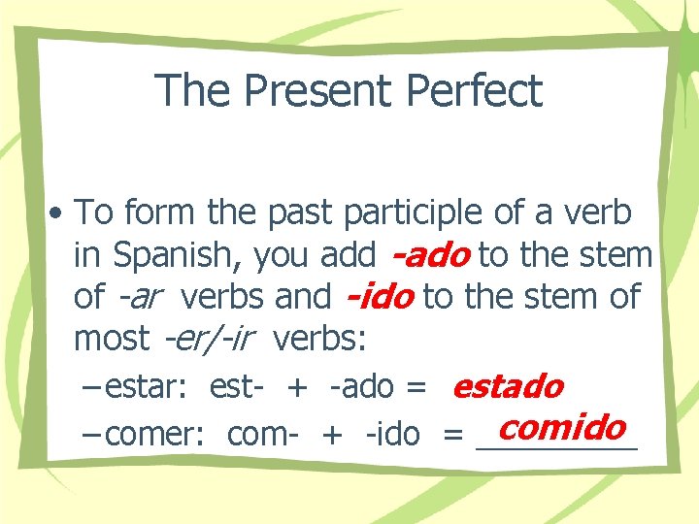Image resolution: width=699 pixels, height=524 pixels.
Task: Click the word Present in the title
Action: click(318, 91)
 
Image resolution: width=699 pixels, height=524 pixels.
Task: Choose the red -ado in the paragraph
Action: click(430, 255)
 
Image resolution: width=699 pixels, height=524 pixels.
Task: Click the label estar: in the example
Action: click(150, 387)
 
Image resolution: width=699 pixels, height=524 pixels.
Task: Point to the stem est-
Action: click(237, 387)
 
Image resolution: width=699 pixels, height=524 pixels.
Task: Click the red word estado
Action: click(508, 386)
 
